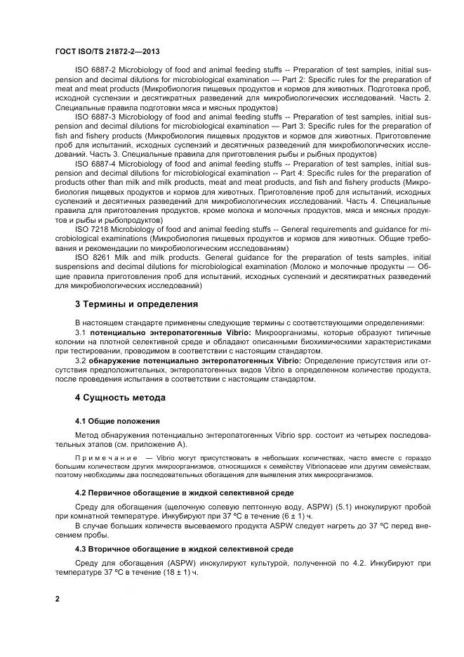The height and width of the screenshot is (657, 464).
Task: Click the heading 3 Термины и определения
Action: tap(136, 304)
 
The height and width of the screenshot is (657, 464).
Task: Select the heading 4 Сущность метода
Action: tap(120, 398)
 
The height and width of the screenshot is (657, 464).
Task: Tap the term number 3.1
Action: tap(80, 332)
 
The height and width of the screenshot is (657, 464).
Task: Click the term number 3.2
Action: tap(80, 360)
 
